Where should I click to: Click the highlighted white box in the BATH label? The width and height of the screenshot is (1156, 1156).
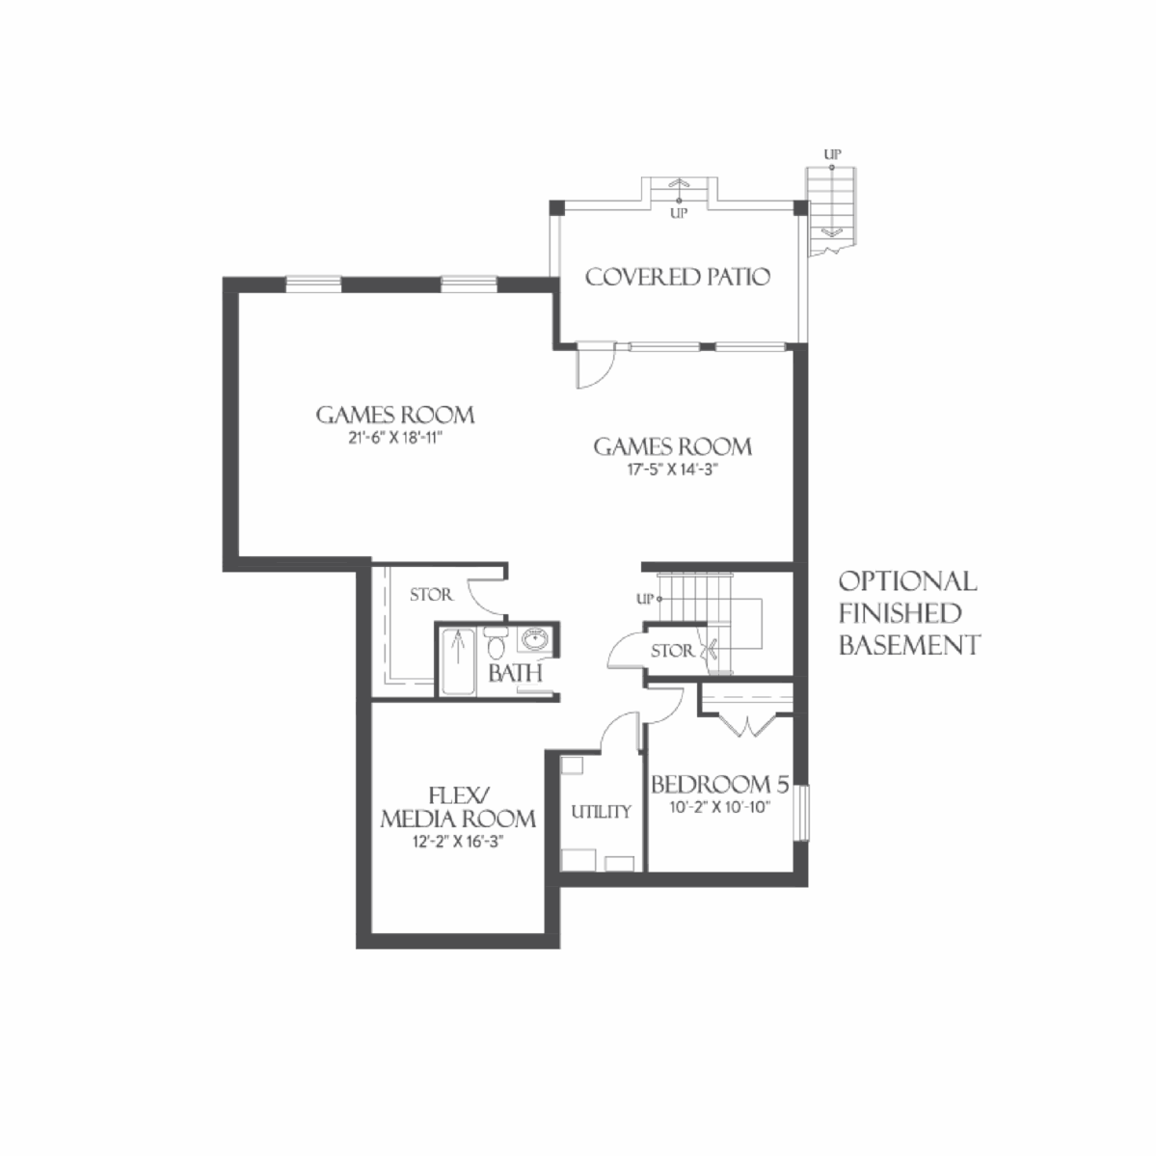click(525, 673)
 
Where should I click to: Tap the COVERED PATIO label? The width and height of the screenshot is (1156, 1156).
click(677, 278)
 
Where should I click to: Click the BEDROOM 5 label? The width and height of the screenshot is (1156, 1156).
click(719, 784)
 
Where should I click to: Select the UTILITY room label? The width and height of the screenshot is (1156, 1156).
click(601, 812)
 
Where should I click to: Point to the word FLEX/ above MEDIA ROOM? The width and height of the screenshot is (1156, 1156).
click(459, 795)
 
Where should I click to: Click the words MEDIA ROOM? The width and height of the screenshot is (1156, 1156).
click(458, 820)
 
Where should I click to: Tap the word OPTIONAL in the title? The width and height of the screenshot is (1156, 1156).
click(906, 581)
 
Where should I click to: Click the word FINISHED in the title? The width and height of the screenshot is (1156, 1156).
click(899, 613)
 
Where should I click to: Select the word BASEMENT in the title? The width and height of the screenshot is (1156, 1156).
click(908, 645)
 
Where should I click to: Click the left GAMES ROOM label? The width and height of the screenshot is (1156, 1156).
click(395, 416)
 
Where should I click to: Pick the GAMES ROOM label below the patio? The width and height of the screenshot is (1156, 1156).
click(672, 446)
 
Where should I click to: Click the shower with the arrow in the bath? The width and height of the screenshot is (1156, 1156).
click(458, 660)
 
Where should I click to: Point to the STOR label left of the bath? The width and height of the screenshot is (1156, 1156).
click(430, 596)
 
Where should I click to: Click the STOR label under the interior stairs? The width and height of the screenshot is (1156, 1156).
click(671, 652)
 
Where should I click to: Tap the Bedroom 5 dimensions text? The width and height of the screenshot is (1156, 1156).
click(719, 807)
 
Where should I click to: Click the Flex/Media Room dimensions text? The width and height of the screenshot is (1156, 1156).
click(457, 842)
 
